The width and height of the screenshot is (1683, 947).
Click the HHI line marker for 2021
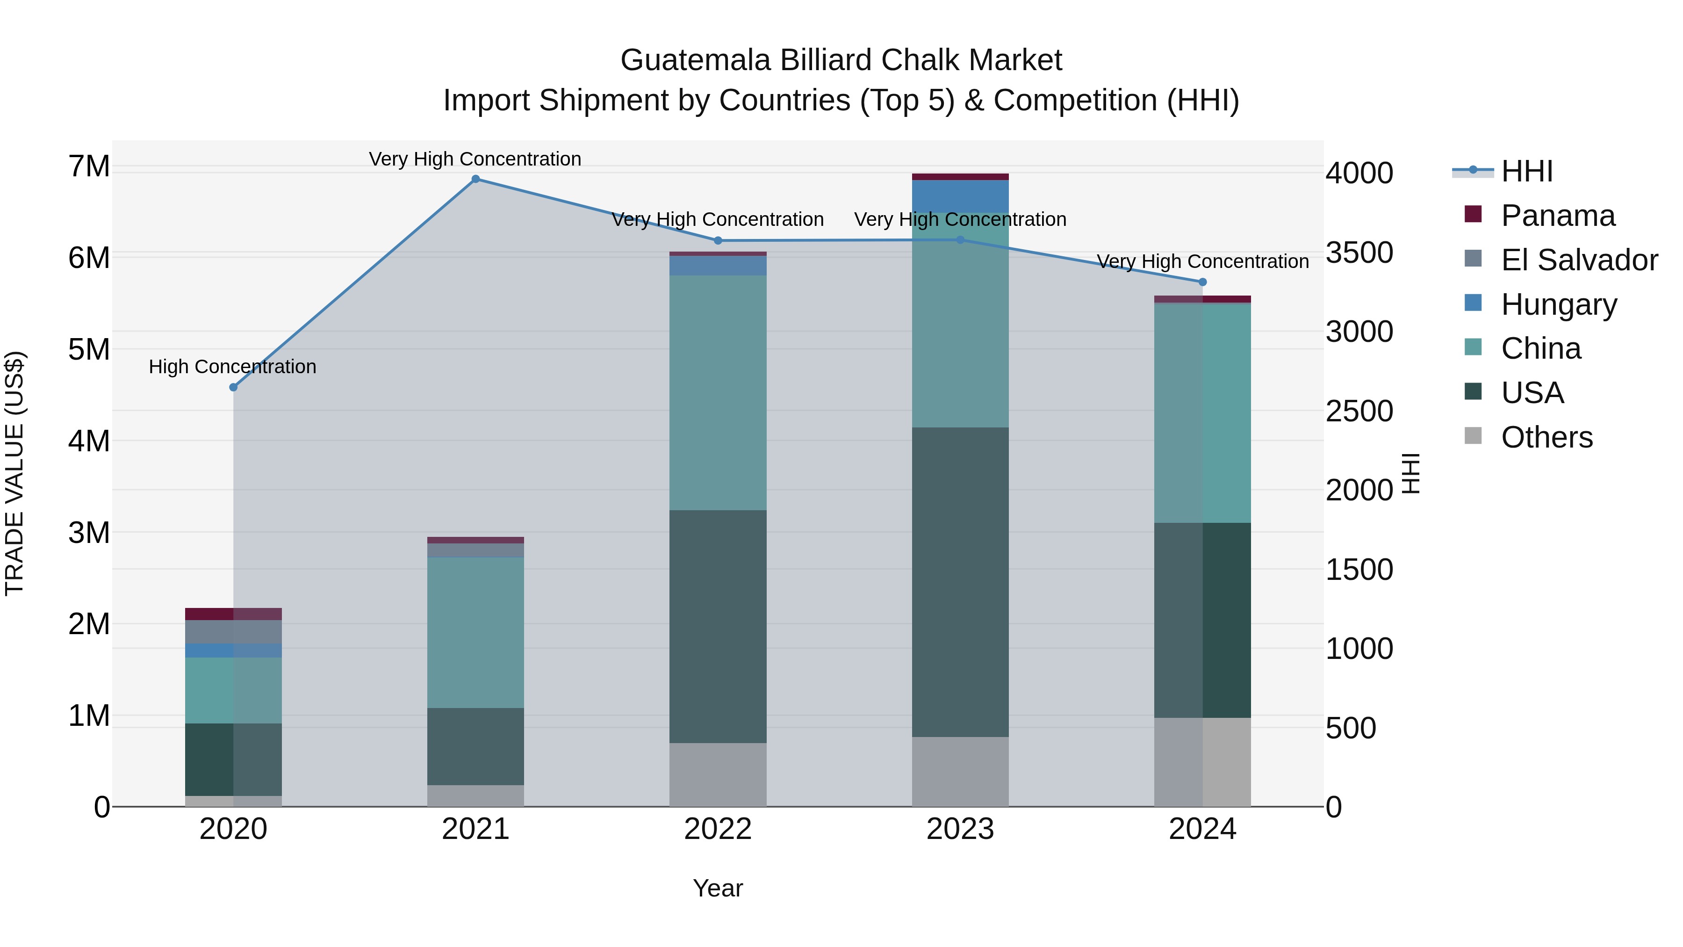click(475, 179)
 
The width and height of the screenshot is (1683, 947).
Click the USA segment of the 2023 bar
click(960, 582)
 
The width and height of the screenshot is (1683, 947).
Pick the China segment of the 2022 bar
click(718, 392)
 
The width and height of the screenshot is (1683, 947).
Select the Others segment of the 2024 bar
click(1203, 762)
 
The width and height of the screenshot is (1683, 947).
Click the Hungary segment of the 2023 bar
click(960, 196)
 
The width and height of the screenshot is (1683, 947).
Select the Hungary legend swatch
click(1473, 303)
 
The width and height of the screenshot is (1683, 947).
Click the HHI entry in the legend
click(1526, 171)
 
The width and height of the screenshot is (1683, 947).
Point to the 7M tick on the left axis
click(89, 166)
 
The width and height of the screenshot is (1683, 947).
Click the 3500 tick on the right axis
click(1359, 253)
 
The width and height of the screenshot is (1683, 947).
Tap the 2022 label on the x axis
click(718, 829)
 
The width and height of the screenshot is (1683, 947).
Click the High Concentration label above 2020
click(233, 367)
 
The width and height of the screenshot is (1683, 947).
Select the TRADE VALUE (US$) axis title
click(14, 473)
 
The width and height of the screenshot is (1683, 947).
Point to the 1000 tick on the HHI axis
click(1359, 649)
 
